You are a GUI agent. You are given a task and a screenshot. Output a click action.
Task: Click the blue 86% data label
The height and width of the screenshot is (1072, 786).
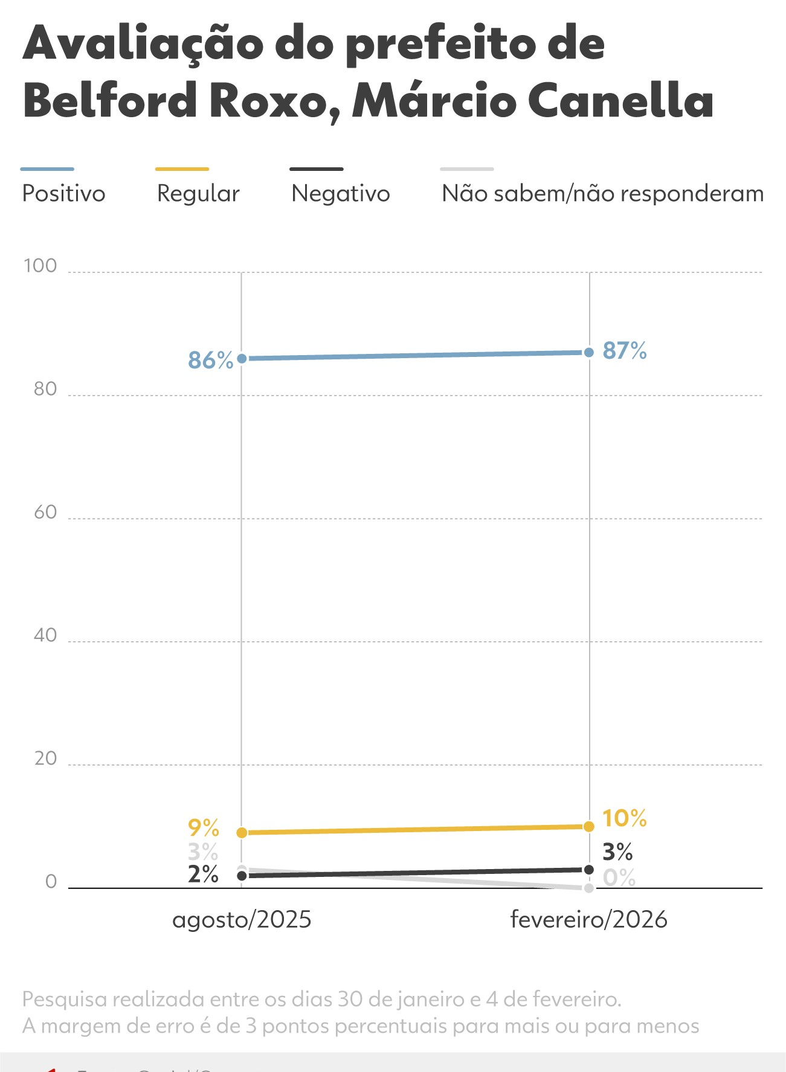click(x=210, y=361)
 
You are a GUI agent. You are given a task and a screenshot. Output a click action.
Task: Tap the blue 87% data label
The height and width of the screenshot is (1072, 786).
click(x=624, y=351)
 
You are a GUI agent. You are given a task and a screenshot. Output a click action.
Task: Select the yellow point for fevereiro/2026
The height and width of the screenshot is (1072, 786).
click(x=589, y=826)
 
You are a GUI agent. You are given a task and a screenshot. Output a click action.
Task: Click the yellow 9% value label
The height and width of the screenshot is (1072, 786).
click(x=203, y=827)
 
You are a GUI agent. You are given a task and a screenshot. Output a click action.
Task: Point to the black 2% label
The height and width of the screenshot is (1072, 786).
click(x=203, y=875)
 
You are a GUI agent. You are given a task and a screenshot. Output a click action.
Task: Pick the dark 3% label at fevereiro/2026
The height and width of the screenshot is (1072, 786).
click(x=617, y=852)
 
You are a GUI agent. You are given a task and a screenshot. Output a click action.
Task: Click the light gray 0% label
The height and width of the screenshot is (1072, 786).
click(x=619, y=878)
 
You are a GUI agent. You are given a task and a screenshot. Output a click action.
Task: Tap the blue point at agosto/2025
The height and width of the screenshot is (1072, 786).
click(x=242, y=359)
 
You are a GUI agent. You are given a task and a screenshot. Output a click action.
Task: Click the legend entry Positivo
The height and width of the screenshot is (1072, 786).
click(x=63, y=194)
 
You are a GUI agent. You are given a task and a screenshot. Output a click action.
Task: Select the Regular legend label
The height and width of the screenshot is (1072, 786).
click(x=198, y=194)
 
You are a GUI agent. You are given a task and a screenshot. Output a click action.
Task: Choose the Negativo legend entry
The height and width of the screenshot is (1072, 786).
click(x=340, y=194)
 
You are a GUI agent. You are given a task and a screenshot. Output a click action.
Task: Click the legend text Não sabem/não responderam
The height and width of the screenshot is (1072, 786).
click(x=602, y=194)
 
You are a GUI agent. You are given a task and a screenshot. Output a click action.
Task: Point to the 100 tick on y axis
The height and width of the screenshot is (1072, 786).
click(x=40, y=266)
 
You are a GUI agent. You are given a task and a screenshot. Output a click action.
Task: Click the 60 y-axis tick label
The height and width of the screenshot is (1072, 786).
click(x=45, y=512)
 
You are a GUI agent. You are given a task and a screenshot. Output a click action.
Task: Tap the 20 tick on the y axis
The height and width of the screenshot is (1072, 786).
click(x=45, y=759)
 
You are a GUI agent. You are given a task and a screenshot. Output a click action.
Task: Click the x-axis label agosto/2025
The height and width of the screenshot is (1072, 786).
click(x=242, y=920)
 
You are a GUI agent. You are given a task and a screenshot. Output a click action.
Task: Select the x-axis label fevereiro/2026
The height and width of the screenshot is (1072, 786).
click(x=588, y=920)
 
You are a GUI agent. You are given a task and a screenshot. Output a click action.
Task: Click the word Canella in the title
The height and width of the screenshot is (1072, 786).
click(x=620, y=100)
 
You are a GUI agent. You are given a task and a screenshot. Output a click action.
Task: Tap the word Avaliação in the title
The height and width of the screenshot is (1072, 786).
click(x=143, y=45)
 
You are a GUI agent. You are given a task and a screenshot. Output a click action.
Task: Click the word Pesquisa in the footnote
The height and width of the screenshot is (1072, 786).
click(x=64, y=1000)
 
